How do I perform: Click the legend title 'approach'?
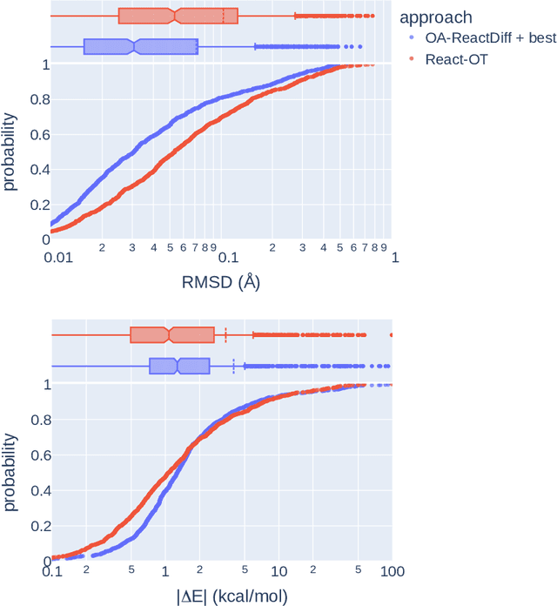(x=436, y=17)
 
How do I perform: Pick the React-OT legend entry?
(x=451, y=58)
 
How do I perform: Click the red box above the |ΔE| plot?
(x=172, y=334)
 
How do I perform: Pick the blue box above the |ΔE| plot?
(x=179, y=366)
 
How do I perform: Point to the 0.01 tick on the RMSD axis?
(x=57, y=259)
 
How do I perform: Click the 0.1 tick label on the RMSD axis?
(x=227, y=259)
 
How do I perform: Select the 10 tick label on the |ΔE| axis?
(x=278, y=572)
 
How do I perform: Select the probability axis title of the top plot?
(x=10, y=152)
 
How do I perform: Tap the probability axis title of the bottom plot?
(x=10, y=472)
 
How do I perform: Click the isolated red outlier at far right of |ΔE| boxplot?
(x=391, y=334)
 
